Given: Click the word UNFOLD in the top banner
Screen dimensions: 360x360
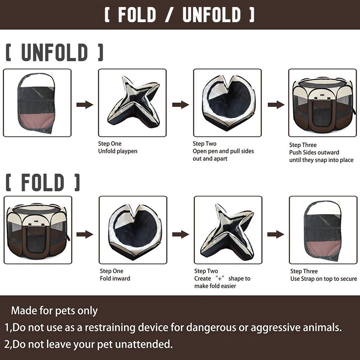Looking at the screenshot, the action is (212, 14).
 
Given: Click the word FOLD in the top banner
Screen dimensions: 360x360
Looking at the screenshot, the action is (137, 14).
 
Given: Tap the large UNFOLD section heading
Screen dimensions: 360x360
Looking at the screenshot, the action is (54, 53).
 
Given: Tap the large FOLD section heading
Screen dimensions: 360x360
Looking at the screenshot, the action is (43, 182).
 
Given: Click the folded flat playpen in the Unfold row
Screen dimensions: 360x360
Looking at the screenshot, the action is (37, 103).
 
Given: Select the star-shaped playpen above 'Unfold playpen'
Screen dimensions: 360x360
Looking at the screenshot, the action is (133, 102).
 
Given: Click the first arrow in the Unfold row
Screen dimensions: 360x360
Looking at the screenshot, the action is (85, 105).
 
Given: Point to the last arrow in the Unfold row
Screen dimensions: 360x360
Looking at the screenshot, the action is (276, 105).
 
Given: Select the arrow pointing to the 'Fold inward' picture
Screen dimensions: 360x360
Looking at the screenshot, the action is (85, 234).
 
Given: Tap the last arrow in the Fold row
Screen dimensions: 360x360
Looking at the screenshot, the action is (276, 234).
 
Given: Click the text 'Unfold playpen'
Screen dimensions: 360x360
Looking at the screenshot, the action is (118, 151).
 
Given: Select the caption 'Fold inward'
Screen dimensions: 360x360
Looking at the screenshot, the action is (115, 278).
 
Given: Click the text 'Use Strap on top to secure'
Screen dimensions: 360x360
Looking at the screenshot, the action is (324, 279).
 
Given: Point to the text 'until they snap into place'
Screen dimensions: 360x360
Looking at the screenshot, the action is (321, 160).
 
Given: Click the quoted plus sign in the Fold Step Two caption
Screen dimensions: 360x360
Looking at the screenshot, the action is (220, 278).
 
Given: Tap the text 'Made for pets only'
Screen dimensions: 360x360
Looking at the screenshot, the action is (54, 311).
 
